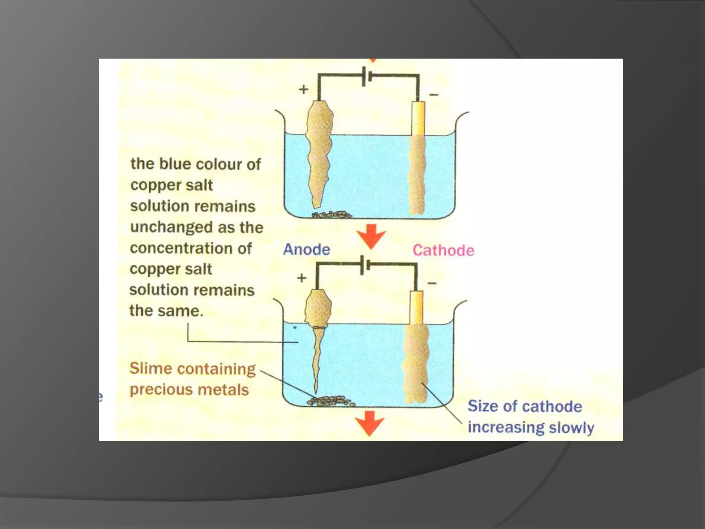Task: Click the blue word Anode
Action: click(x=306, y=249)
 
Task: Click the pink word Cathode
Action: click(x=443, y=250)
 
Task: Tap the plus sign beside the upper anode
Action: click(x=303, y=90)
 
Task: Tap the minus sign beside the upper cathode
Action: click(x=434, y=94)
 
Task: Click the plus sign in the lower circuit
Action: click(x=302, y=278)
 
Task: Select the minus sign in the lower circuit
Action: click(x=432, y=283)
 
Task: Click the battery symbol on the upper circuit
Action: click(x=367, y=76)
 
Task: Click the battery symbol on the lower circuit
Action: click(x=365, y=265)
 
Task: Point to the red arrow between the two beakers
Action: click(x=371, y=236)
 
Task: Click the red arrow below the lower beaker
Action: click(x=370, y=423)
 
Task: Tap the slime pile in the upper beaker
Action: click(x=332, y=215)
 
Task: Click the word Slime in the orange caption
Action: click(x=150, y=369)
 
